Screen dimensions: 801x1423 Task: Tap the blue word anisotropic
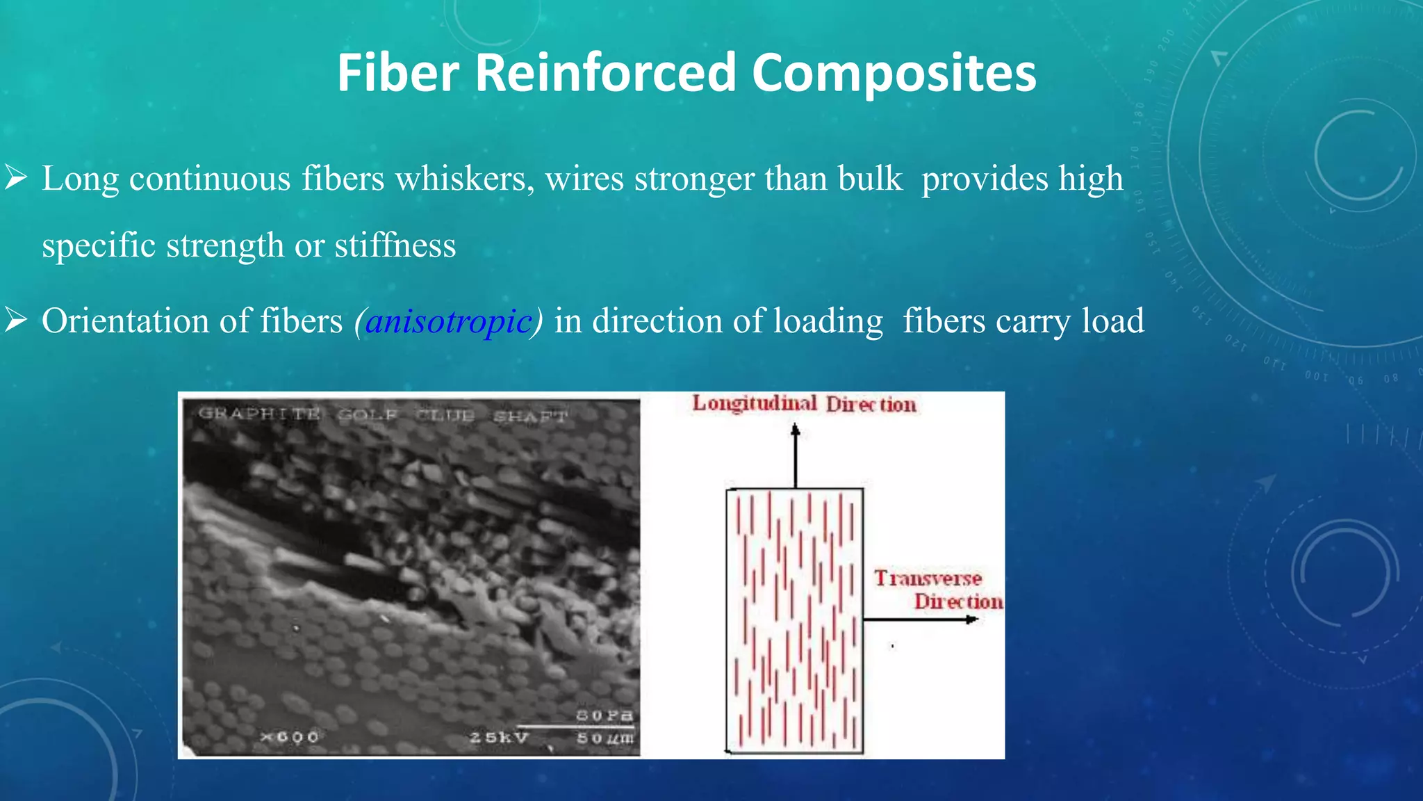[448, 321]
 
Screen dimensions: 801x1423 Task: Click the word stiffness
[395, 245]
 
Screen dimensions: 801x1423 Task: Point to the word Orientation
[125, 321]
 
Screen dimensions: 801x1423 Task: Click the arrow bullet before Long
[15, 178]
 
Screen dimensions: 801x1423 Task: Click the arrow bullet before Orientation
[15, 321]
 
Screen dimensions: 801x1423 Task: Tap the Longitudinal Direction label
[804, 404]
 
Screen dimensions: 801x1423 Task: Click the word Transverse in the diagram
[928, 578]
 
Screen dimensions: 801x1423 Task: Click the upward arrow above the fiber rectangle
[796, 455]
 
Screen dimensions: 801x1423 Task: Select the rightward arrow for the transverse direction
[921, 619]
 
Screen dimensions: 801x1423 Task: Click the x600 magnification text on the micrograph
[289, 736]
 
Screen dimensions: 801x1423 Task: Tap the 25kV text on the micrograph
[498, 737]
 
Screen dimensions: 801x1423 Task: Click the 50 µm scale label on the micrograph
[604, 738]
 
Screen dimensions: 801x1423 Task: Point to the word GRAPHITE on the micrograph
[259, 414]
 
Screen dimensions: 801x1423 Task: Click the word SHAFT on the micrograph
[530, 416]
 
